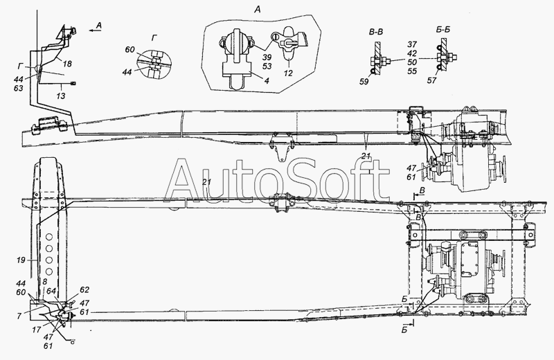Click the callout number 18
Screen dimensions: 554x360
tap(67, 64)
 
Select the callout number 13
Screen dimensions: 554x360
tap(61, 96)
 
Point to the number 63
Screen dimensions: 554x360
tap(19, 88)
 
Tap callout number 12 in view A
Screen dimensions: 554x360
tap(288, 73)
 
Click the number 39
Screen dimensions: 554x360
tap(267, 57)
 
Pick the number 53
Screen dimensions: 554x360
tap(267, 66)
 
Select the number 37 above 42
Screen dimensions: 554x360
tap(412, 44)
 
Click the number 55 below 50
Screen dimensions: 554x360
tap(412, 71)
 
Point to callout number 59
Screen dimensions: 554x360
tap(364, 82)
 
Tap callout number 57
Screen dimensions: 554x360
tap(431, 80)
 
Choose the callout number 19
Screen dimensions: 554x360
tap(21, 260)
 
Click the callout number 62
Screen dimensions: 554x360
tap(84, 289)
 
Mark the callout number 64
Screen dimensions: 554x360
tap(51, 291)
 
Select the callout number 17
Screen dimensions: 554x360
tap(37, 330)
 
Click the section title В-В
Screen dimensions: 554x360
tap(376, 32)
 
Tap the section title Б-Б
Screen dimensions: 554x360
tap(443, 30)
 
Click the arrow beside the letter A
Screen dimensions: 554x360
tap(95, 30)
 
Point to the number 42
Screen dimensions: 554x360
tap(412, 53)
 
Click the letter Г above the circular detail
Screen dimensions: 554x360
tap(153, 38)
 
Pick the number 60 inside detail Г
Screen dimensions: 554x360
tap(129, 49)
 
